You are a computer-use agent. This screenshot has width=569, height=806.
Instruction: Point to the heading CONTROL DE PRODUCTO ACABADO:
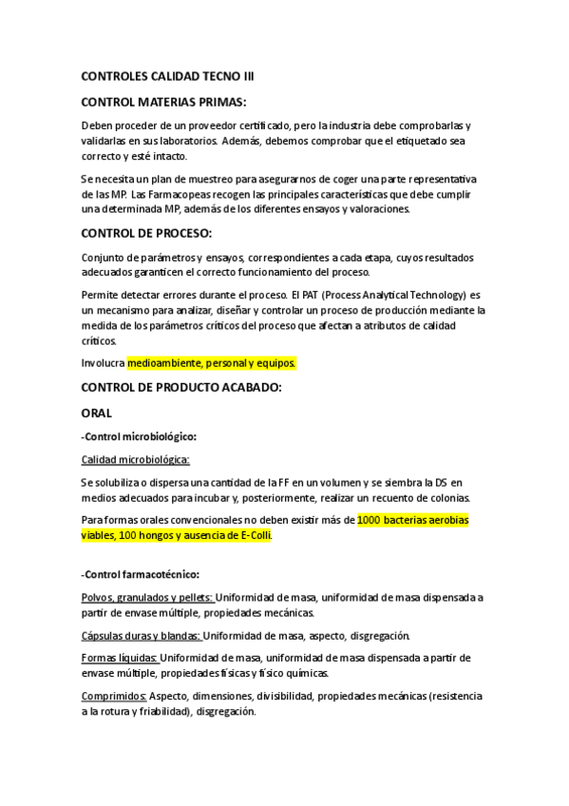(x=182, y=387)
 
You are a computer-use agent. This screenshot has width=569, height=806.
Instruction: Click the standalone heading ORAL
(x=97, y=413)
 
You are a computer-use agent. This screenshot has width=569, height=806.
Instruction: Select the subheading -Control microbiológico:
(x=140, y=436)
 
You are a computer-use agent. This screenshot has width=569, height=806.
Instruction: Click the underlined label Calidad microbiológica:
(x=136, y=459)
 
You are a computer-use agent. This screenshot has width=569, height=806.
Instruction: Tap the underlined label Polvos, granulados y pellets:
(x=148, y=597)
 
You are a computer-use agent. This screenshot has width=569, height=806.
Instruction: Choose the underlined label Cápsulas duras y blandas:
(x=141, y=636)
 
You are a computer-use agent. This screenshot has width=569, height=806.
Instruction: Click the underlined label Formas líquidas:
(x=120, y=657)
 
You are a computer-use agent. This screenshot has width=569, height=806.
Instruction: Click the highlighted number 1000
(x=370, y=520)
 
